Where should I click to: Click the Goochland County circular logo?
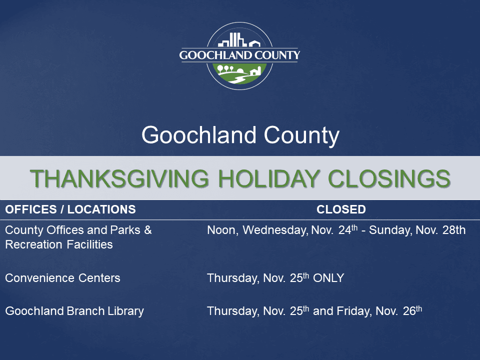(240, 56)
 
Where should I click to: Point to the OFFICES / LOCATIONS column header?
(70, 209)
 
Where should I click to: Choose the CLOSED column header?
(341, 209)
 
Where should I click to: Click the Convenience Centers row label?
(62, 278)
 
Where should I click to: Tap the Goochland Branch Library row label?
(74, 311)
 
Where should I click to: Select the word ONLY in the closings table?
(328, 278)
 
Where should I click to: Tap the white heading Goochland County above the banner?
(240, 135)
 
